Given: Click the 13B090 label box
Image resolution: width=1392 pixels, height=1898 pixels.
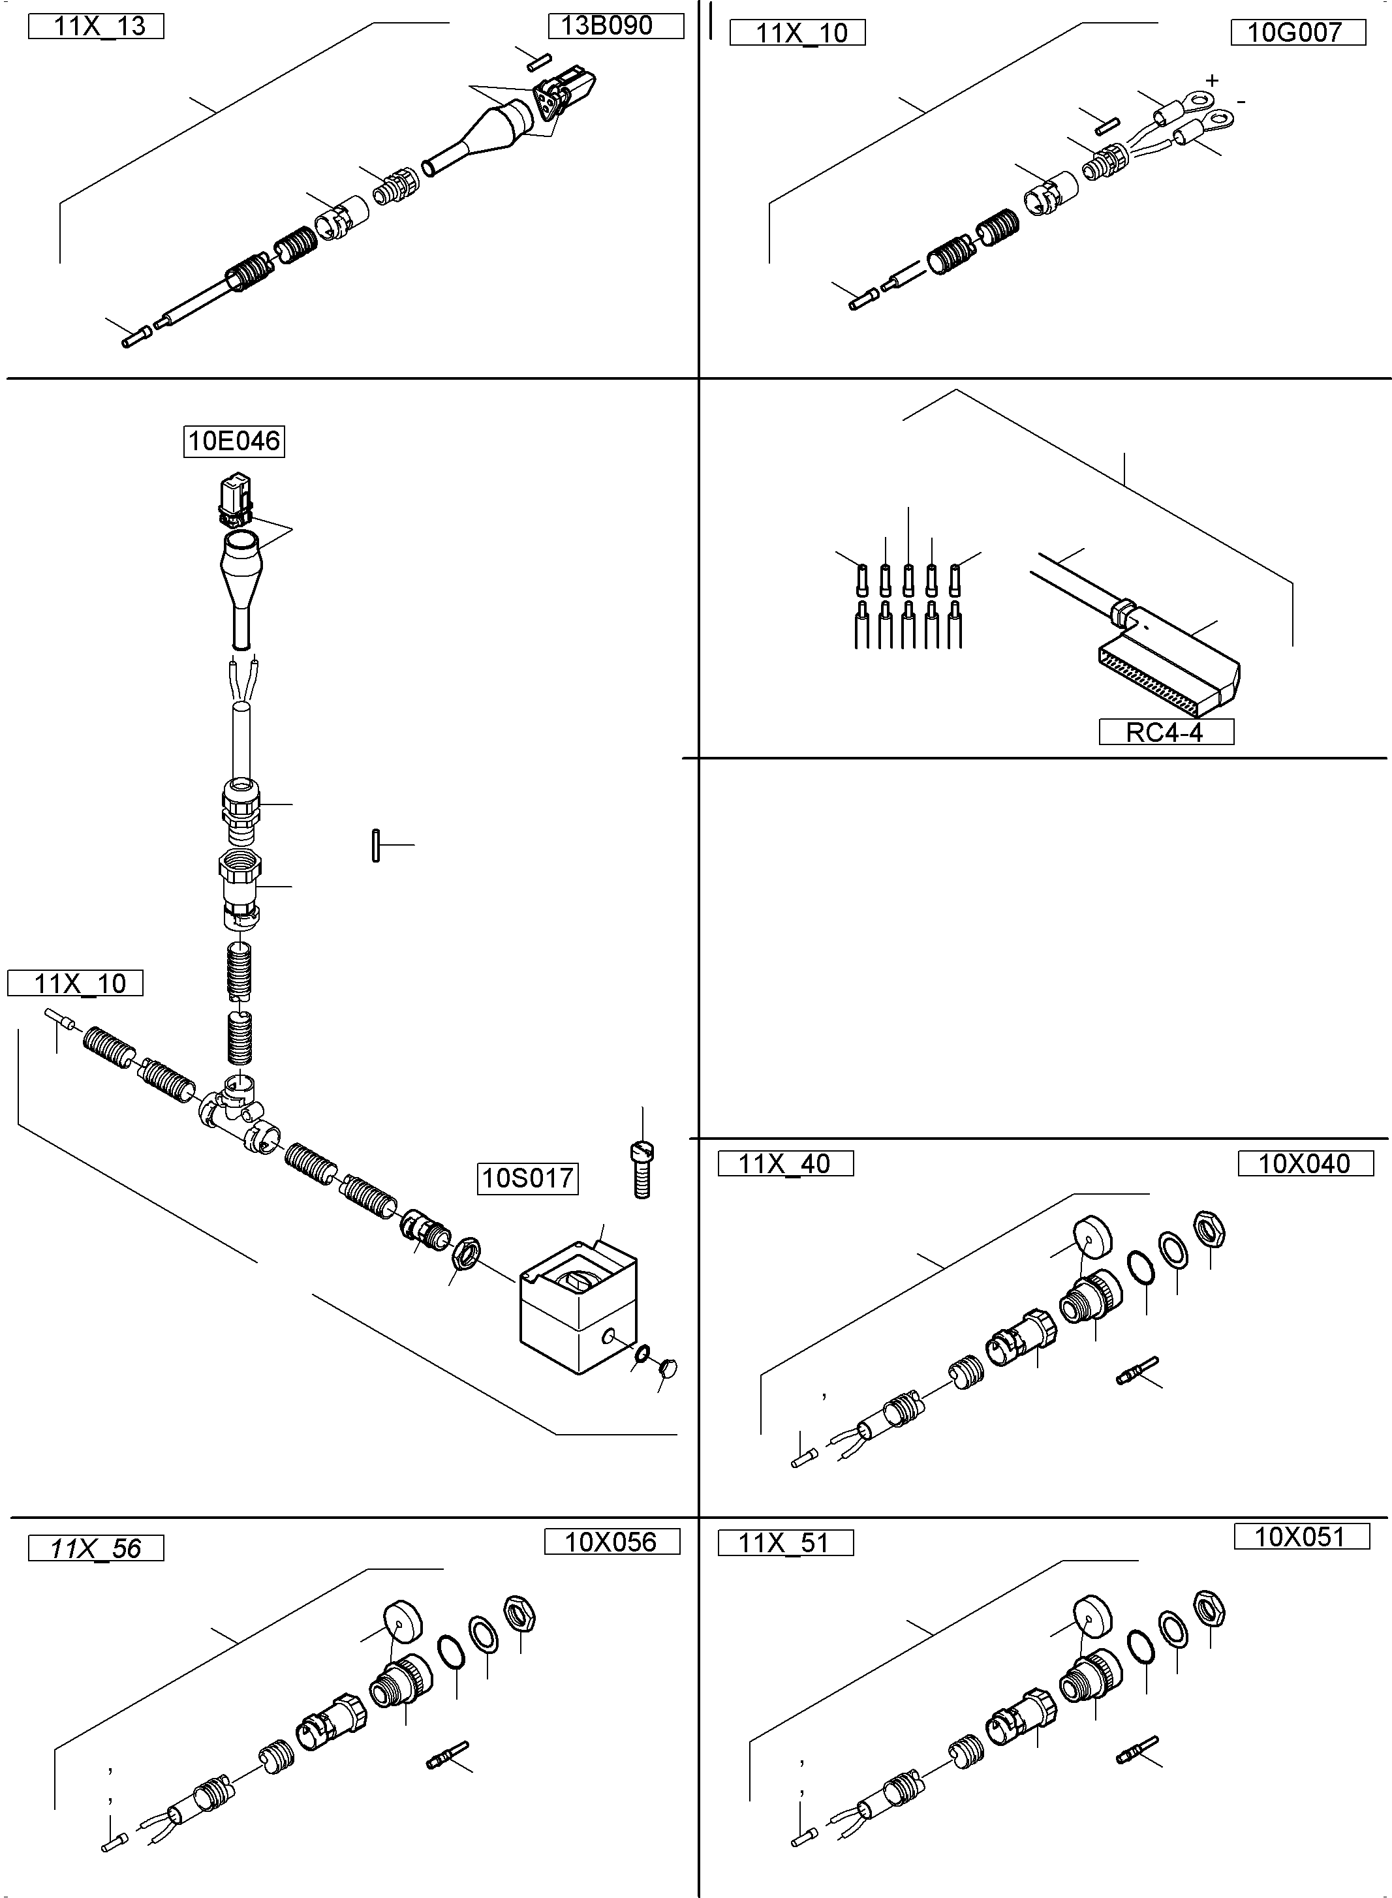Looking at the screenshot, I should coord(615,26).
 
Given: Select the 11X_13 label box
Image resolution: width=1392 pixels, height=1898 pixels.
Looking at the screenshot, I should coord(96,27).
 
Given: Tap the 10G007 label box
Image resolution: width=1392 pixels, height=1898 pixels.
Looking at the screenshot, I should coord(1297,33).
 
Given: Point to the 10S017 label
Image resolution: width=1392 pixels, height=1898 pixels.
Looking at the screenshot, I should coord(527,1178).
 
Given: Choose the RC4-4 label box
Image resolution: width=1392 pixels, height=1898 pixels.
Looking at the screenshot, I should coord(1166,732).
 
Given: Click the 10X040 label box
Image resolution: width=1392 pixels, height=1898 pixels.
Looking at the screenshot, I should coord(1305,1163).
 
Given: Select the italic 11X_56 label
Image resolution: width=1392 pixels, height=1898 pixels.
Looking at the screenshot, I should coord(96,1548).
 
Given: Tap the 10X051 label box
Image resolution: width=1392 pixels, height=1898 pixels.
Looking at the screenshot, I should coord(1301,1537).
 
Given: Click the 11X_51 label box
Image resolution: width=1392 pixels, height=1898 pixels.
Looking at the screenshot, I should coord(785,1543).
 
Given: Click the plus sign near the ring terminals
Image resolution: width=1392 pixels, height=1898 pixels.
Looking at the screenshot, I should coord(1212,81).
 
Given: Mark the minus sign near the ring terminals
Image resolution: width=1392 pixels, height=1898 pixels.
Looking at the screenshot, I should coord(1241,102).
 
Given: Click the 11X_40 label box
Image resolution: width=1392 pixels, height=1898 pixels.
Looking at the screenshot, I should coord(785,1164).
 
